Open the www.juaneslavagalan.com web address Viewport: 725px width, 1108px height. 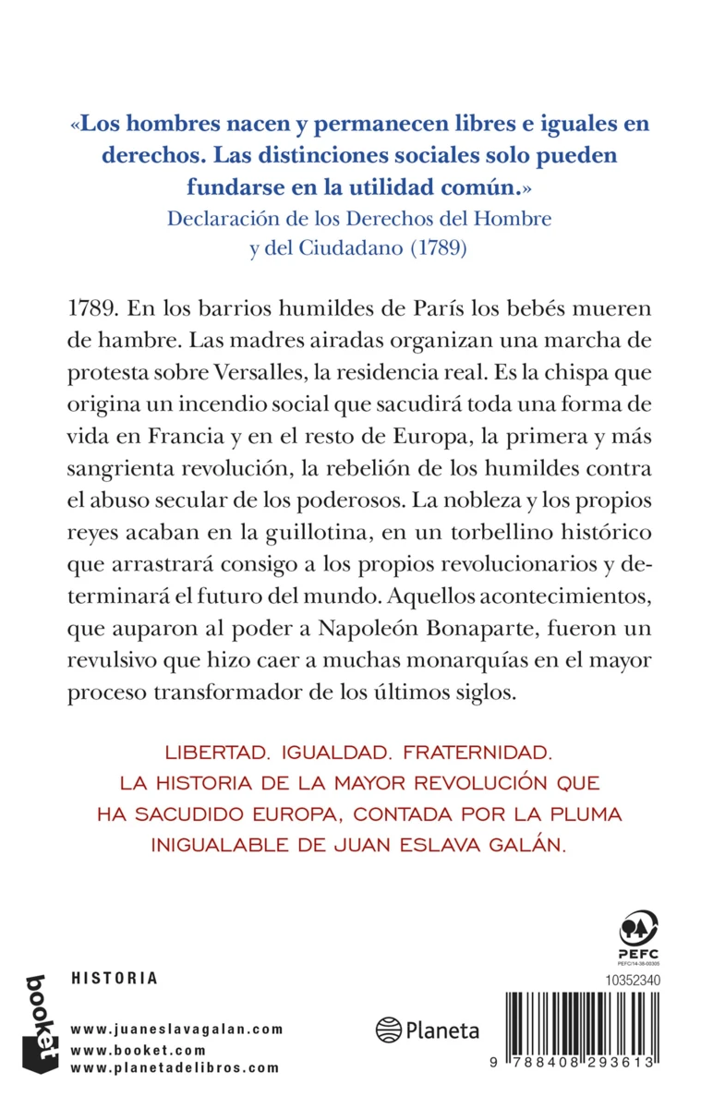[x=176, y=1029]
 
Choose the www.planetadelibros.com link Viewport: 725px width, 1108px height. [x=175, y=1067]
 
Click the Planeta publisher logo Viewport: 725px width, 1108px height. [x=428, y=1030]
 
